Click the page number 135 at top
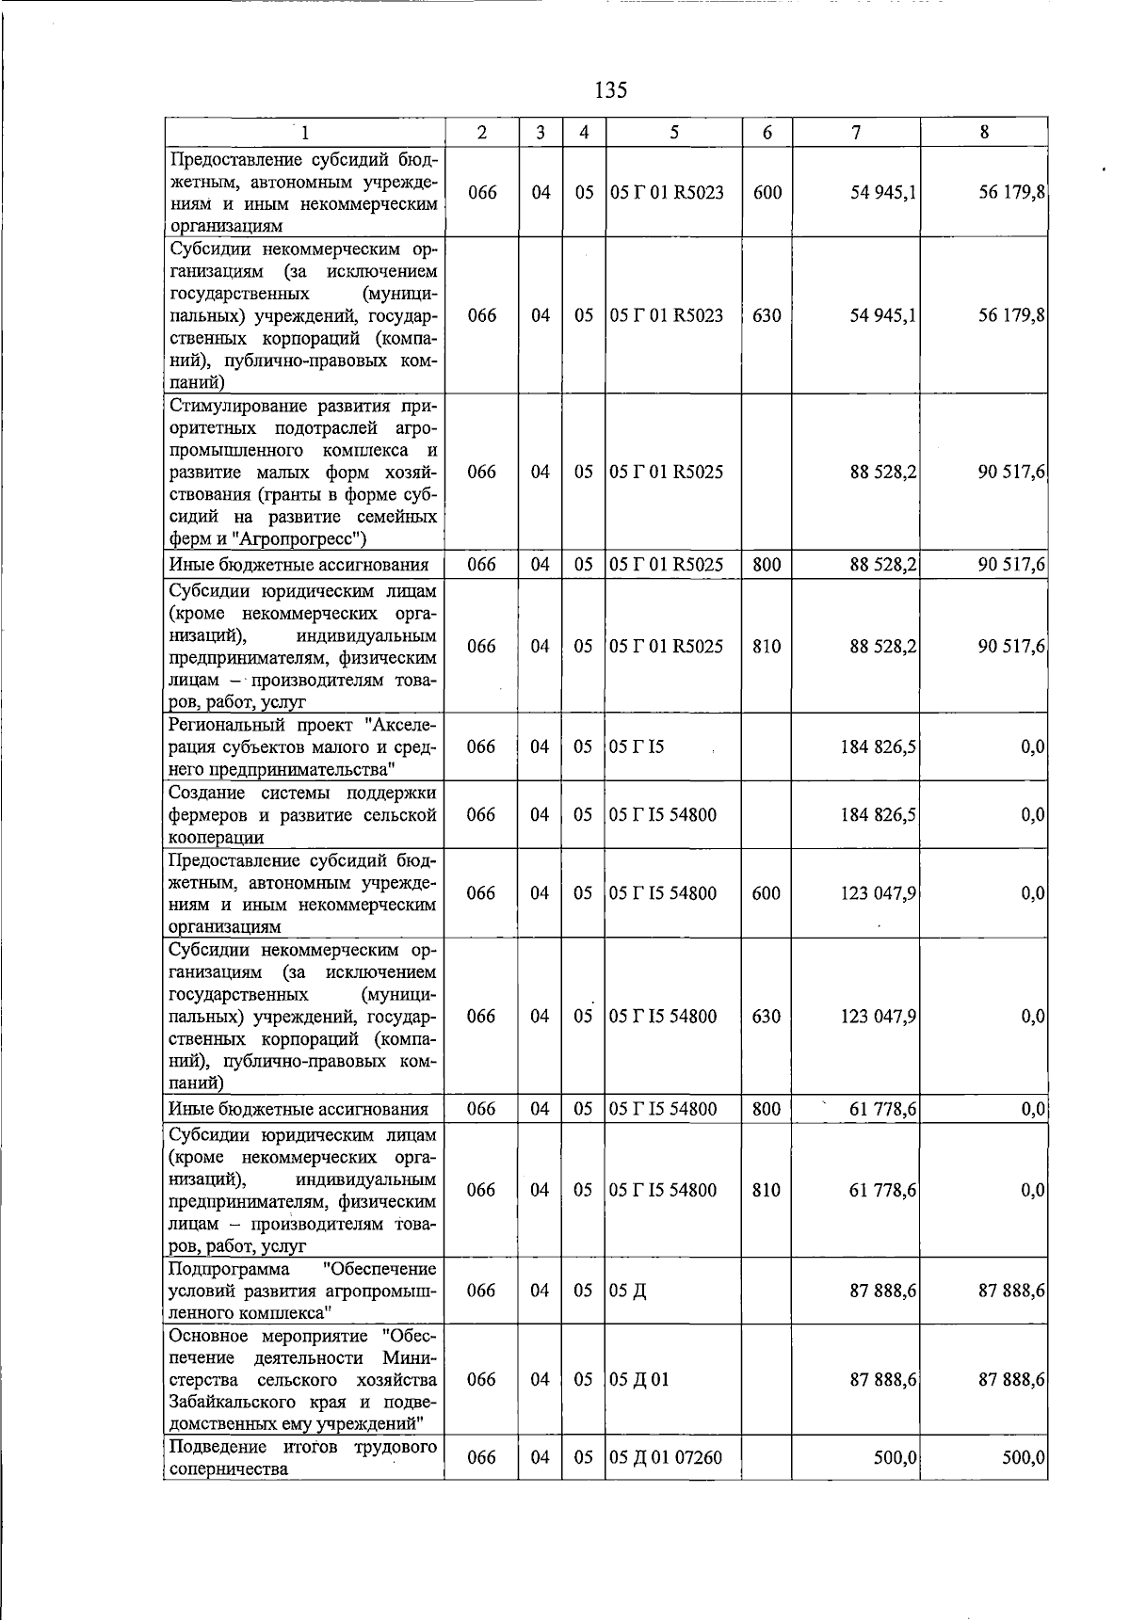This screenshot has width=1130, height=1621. (611, 90)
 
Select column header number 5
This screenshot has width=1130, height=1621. (674, 133)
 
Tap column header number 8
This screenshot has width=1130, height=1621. (984, 133)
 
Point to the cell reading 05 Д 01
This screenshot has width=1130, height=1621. (639, 1379)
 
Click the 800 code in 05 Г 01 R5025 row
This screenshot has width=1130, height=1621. (767, 565)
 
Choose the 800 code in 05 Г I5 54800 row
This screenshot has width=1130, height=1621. (767, 1109)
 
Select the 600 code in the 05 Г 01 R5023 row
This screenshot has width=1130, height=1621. (767, 192)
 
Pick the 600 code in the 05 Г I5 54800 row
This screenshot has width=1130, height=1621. (767, 892)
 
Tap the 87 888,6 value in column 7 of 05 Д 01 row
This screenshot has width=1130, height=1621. (883, 1379)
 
